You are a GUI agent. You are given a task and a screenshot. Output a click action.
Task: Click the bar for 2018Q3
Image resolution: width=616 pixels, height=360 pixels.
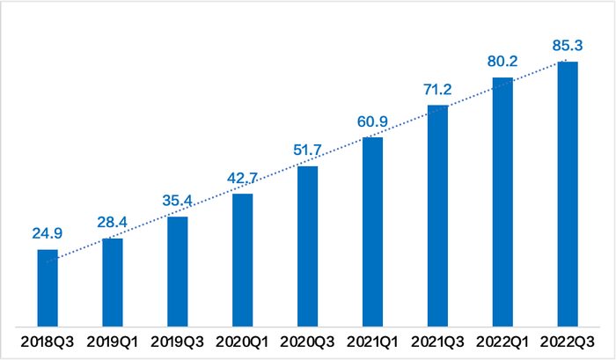pyautogui.click(x=48, y=288)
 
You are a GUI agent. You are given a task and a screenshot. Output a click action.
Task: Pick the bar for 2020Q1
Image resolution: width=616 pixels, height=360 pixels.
pyautogui.click(x=243, y=260)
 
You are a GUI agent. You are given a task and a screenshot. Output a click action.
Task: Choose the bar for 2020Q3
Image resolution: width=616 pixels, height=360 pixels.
pyautogui.click(x=308, y=246)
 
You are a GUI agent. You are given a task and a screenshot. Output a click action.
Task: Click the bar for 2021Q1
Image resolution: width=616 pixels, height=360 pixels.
pyautogui.click(x=373, y=231)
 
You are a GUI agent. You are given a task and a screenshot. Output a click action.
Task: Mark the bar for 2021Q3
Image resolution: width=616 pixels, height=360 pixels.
pyautogui.click(x=438, y=216)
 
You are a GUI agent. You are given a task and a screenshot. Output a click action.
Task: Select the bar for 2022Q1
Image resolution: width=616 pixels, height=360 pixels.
pyautogui.click(x=502, y=202)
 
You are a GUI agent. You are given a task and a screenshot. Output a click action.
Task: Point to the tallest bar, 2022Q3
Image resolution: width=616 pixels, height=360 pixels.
pyautogui.click(x=568, y=194)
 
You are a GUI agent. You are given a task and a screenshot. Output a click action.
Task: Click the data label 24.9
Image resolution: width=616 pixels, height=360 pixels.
pyautogui.click(x=48, y=235)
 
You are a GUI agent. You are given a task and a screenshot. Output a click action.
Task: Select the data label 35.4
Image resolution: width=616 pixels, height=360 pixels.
pyautogui.click(x=178, y=199)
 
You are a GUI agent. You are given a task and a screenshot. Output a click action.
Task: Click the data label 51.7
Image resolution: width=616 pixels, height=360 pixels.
pyautogui.click(x=308, y=150)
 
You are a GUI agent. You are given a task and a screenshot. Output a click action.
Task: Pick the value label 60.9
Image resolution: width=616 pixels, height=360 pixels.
pyautogui.click(x=373, y=121)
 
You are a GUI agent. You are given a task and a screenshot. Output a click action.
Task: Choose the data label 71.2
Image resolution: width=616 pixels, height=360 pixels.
pyautogui.click(x=438, y=90)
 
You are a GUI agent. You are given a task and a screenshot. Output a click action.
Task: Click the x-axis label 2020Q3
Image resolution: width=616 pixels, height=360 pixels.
pyautogui.click(x=308, y=341)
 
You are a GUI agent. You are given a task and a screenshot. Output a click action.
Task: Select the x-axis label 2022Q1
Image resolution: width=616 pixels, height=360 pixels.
pyautogui.click(x=502, y=341)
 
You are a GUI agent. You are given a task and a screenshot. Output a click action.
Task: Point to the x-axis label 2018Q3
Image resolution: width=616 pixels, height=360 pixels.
pyautogui.click(x=48, y=341)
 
